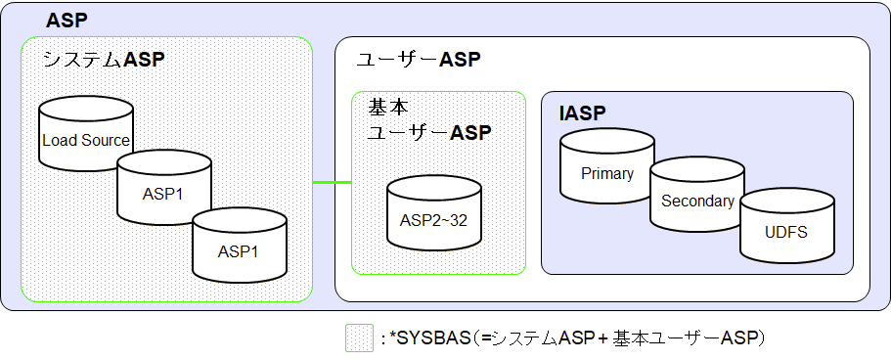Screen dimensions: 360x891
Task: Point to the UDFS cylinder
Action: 786,232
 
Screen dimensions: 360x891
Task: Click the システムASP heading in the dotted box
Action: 104,60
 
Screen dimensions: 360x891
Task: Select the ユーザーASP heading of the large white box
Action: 418,60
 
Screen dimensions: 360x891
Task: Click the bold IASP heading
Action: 583,113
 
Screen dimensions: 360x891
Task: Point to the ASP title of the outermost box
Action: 67,21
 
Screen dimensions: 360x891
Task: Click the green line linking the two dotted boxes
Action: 332,183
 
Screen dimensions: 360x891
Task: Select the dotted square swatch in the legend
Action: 358,338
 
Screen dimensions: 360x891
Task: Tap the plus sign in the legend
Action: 603,338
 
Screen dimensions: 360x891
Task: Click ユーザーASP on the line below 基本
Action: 428,132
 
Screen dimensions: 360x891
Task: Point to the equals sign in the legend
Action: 483,338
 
